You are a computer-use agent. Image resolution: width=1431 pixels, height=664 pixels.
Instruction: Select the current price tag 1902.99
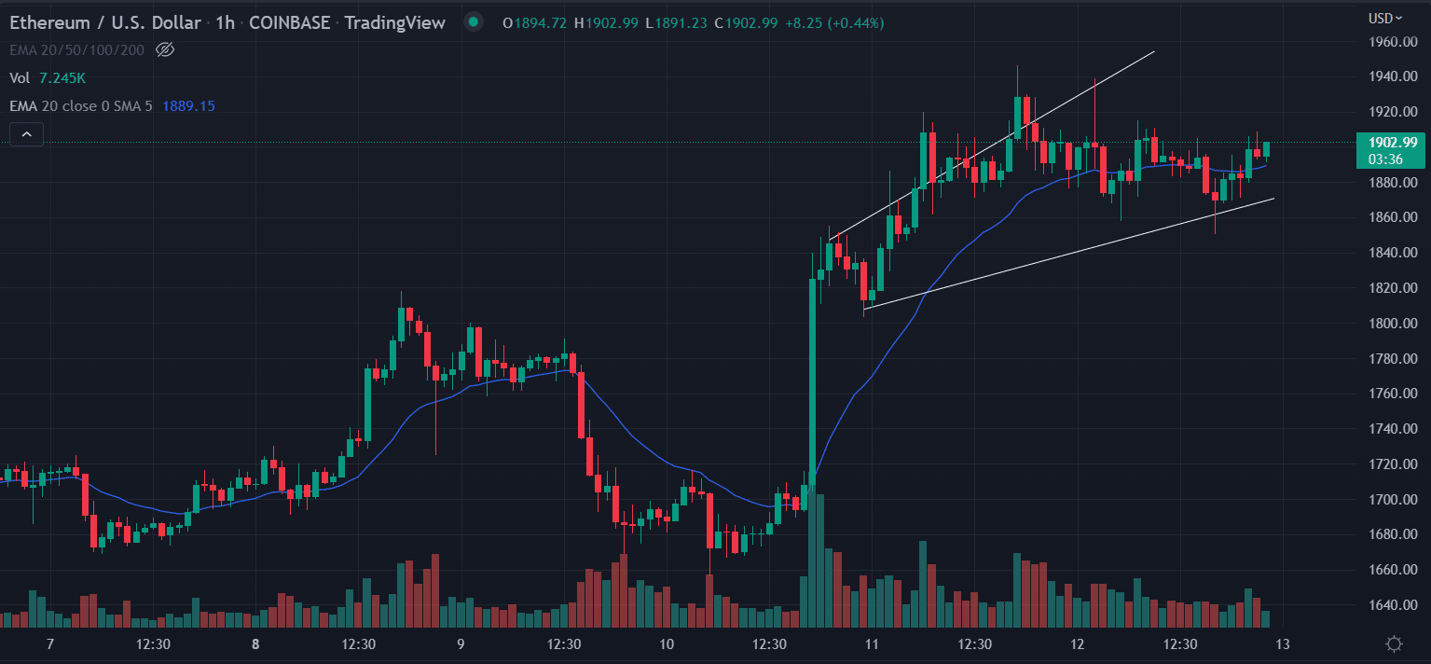[x=1392, y=143]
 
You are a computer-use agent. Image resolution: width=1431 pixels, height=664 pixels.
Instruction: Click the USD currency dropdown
[x=1385, y=18]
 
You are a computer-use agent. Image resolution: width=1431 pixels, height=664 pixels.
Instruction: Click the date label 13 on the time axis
[x=1283, y=644]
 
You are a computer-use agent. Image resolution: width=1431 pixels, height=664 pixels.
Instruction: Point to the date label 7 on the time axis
[x=50, y=644]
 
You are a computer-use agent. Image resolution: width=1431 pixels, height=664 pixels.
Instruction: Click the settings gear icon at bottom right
[x=1395, y=643]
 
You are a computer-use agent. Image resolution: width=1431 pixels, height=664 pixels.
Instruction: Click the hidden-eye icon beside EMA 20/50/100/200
[x=165, y=49]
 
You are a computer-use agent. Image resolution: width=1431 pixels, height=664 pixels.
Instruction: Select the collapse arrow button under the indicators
[x=26, y=135]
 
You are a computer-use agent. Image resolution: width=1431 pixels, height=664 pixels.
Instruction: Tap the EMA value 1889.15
[x=188, y=106]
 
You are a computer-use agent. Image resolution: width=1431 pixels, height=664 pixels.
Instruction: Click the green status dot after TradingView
[x=475, y=22]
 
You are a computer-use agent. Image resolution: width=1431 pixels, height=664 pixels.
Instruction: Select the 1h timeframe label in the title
[x=225, y=22]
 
